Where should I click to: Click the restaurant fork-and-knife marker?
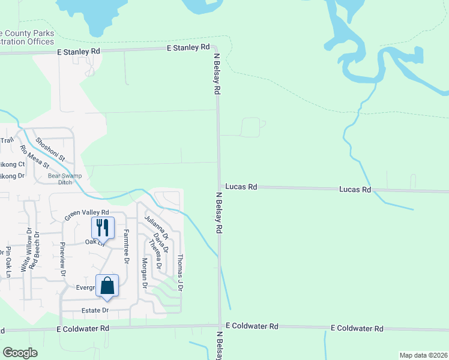(x=101, y=227)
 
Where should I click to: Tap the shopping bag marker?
(x=107, y=286)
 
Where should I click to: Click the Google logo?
(x=20, y=353)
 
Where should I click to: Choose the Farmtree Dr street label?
(x=127, y=246)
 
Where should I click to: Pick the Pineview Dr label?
(x=63, y=259)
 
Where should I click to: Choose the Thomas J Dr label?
(x=179, y=272)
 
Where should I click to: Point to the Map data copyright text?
(x=424, y=355)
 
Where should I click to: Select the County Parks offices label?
(x=27, y=37)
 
